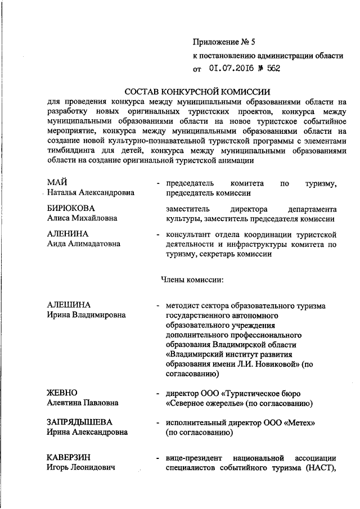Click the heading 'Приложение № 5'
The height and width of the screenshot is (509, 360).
point(223,42)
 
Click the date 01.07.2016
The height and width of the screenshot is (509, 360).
point(231,69)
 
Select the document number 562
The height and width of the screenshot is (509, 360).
point(273,69)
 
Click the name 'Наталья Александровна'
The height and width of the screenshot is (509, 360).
point(91,193)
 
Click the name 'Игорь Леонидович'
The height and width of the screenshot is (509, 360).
point(80,467)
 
